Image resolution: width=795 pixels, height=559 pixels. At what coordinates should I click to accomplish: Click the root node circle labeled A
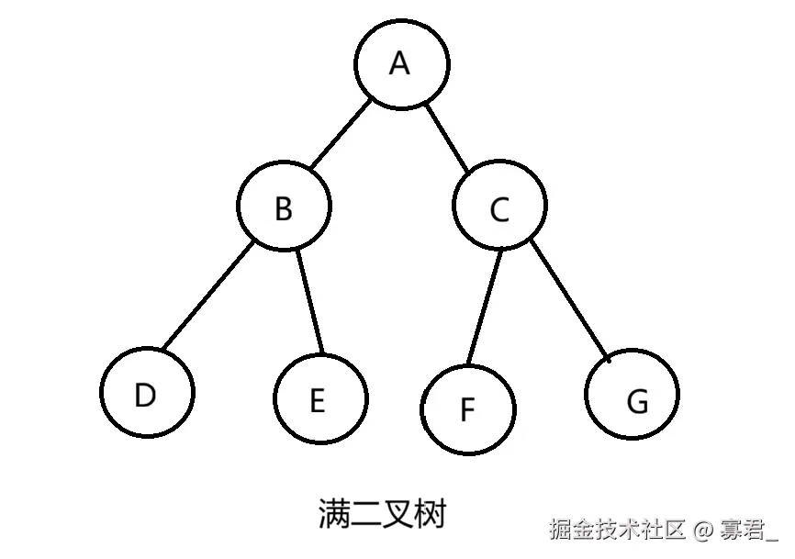(x=402, y=64)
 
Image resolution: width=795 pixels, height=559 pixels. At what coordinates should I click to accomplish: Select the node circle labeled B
(x=284, y=207)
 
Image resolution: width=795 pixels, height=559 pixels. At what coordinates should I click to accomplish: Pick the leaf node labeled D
(x=147, y=393)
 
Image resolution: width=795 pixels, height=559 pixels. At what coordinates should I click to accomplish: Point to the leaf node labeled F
(x=468, y=408)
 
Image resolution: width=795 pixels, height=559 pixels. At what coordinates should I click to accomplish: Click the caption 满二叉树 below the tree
(x=382, y=513)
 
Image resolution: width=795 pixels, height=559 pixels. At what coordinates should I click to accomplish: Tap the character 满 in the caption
(x=333, y=513)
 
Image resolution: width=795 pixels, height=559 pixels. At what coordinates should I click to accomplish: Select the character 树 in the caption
(x=431, y=513)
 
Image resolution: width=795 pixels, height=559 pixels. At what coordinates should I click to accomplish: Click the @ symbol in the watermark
(x=704, y=530)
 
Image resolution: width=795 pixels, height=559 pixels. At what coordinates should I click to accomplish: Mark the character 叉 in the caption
(x=398, y=513)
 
